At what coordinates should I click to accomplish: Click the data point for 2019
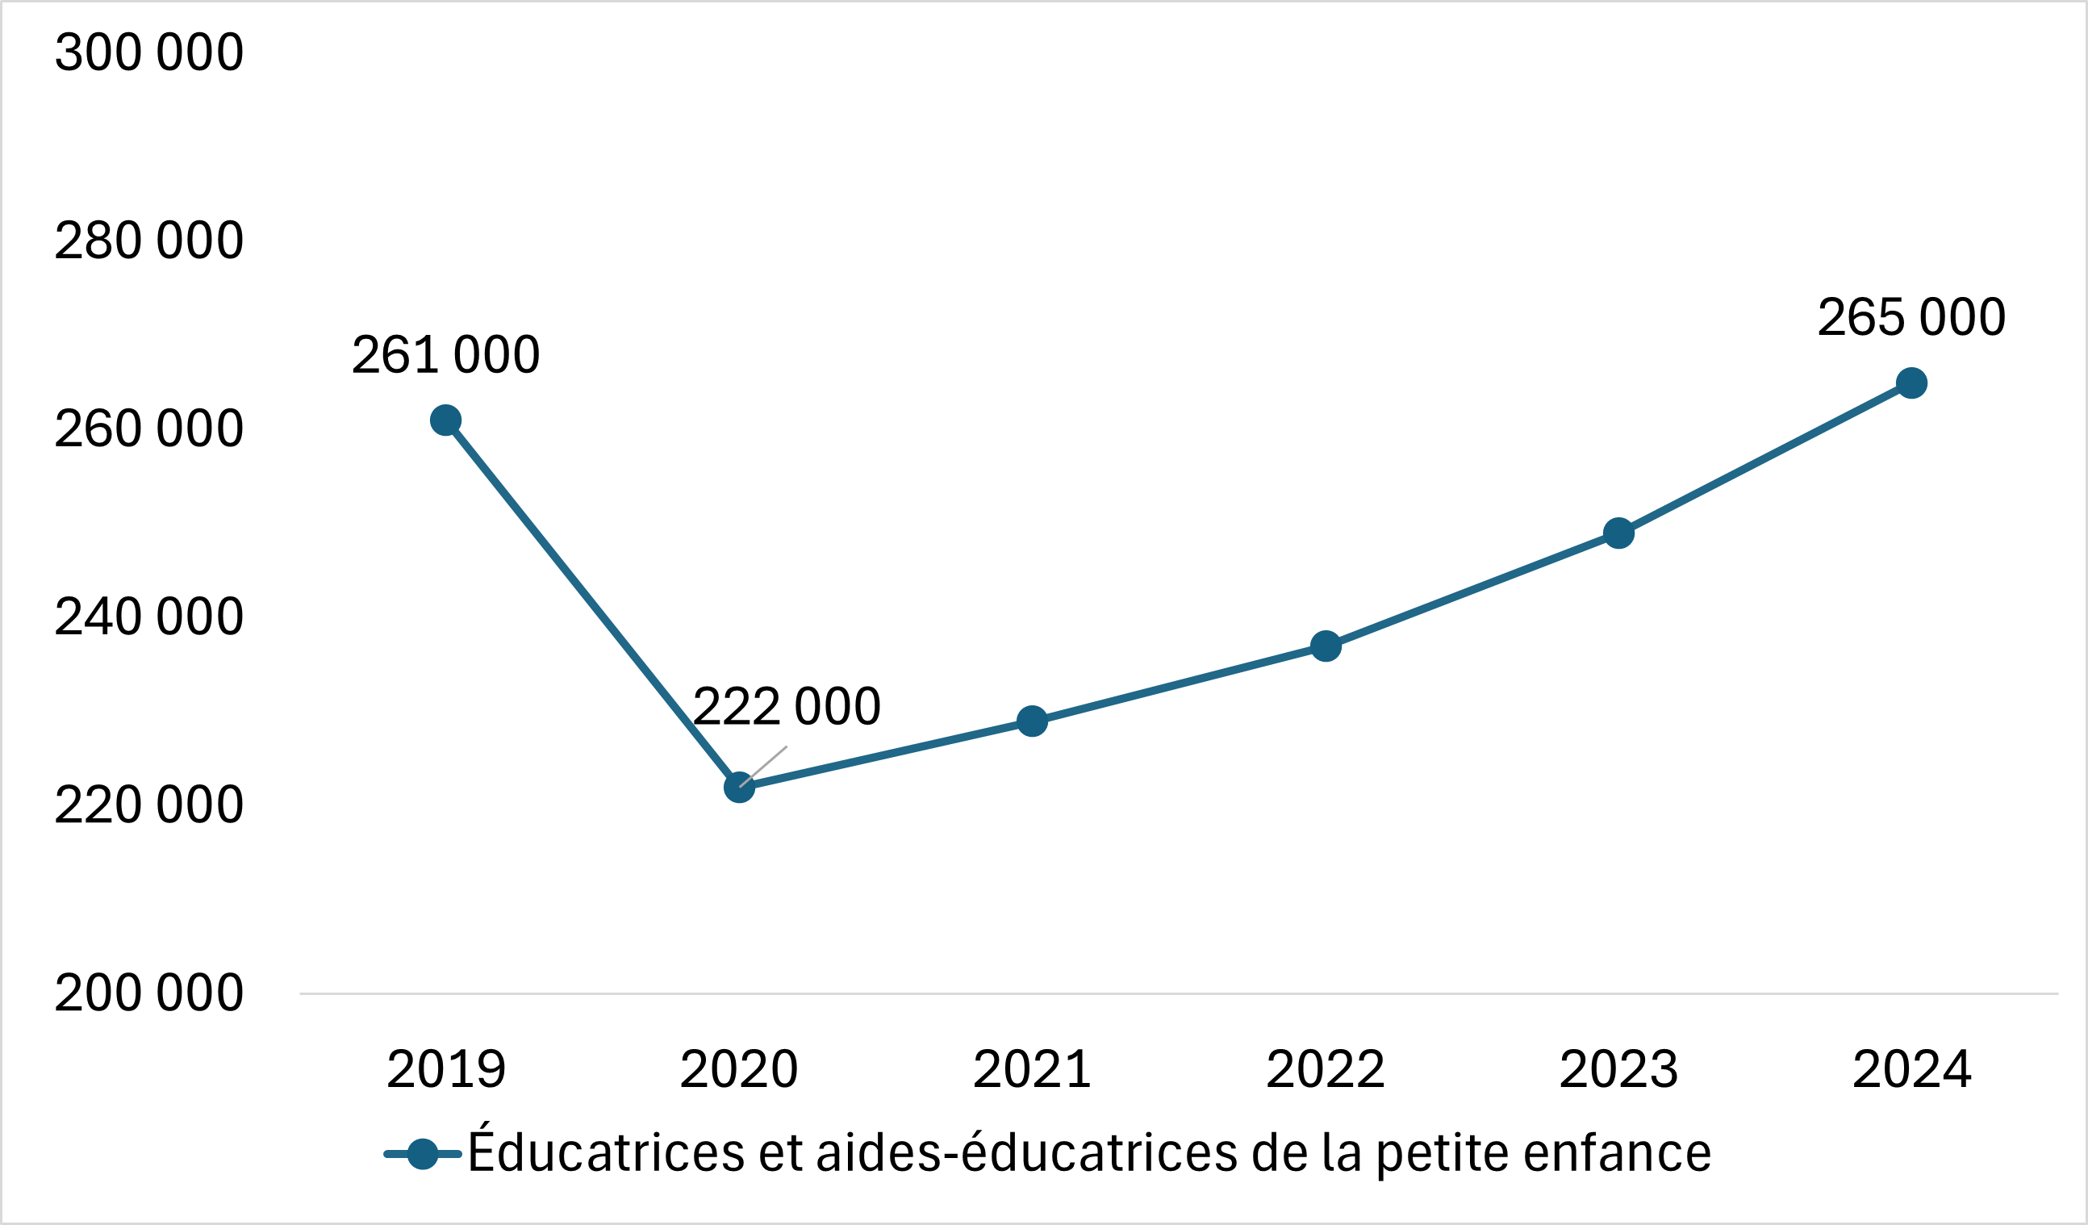(446, 421)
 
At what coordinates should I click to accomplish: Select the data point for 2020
(739, 788)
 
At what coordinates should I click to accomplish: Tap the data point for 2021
(1032, 721)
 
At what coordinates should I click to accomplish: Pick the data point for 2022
(1326, 646)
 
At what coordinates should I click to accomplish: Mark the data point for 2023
(1618, 533)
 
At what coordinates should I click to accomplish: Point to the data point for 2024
(1911, 383)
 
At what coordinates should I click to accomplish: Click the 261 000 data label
(446, 355)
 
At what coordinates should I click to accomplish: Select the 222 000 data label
(787, 706)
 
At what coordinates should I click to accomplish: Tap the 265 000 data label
(1911, 316)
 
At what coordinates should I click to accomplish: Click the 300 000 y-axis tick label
(149, 52)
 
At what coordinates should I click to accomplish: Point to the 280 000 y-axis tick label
(149, 240)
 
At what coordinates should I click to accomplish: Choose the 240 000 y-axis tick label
(149, 617)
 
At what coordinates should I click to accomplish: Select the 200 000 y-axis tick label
(149, 993)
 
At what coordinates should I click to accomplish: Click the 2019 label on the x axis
(446, 1069)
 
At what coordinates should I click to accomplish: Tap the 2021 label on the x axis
(1032, 1069)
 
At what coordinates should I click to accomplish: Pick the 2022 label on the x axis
(1326, 1069)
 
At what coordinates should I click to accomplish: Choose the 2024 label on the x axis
(1911, 1069)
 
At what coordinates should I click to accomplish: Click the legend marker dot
(423, 1154)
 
